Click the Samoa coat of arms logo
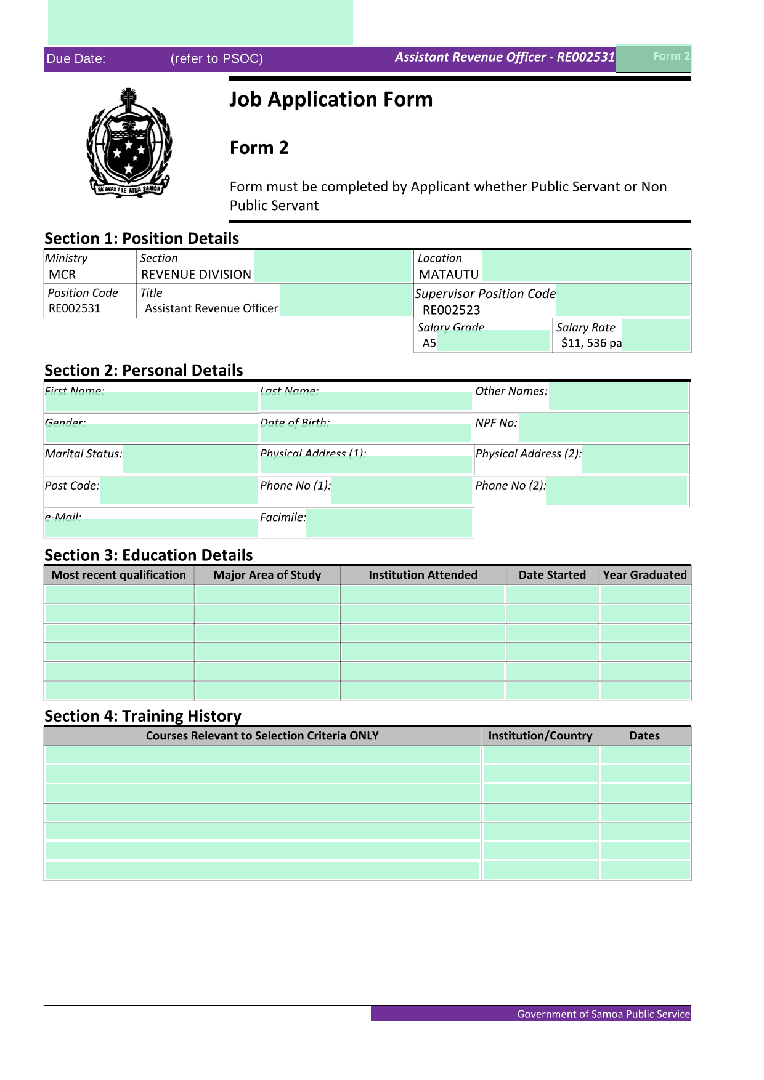click(129, 143)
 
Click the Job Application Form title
click(331, 99)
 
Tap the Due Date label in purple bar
click(76, 59)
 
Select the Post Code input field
click(179, 490)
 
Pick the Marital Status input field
click(190, 459)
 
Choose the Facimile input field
click(389, 523)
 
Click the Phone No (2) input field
click(616, 490)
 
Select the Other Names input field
click(617, 396)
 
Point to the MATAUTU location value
click(449, 275)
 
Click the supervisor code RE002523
click(451, 310)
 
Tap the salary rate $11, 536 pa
click(591, 343)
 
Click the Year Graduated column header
click(644, 575)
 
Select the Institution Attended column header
click(423, 575)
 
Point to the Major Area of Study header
click(267, 575)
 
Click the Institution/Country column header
click(540, 736)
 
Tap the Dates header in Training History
click(644, 736)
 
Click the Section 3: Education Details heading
click(148, 555)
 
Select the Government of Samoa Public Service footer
click(603, 1014)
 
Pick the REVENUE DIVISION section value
click(196, 275)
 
